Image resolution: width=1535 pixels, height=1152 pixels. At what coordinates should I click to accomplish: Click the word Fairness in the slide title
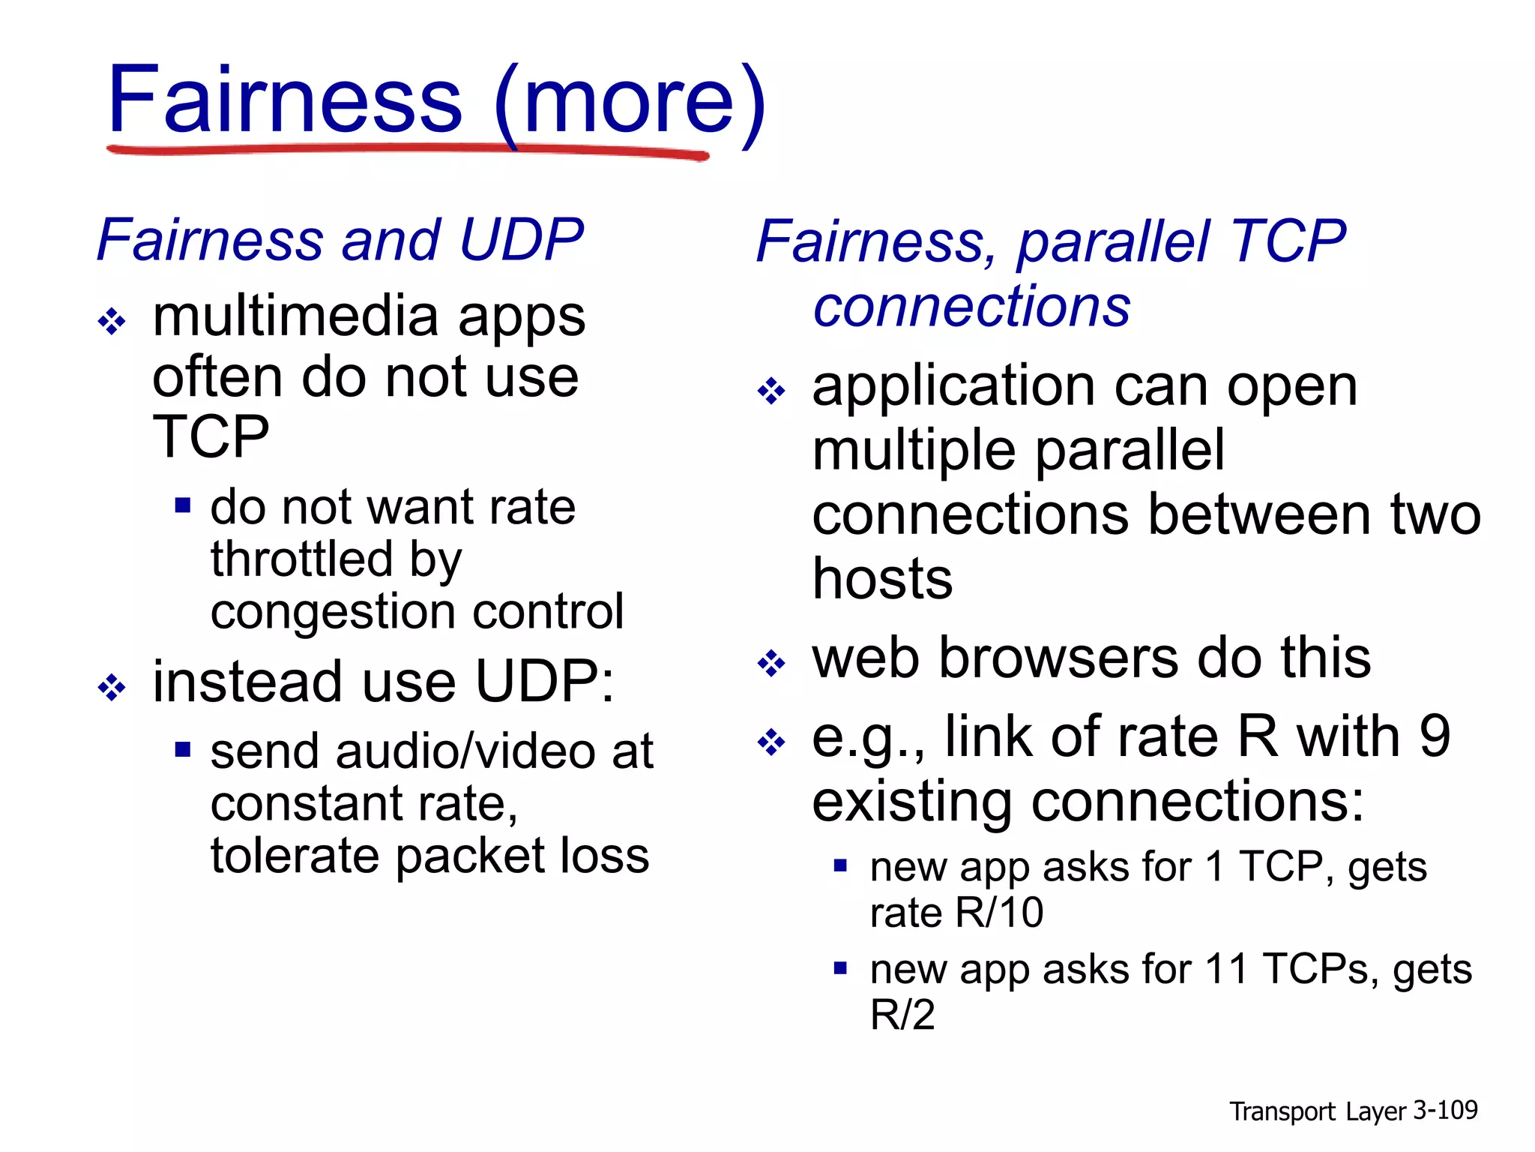click(x=285, y=101)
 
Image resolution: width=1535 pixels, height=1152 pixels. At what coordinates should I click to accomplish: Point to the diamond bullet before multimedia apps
click(x=112, y=322)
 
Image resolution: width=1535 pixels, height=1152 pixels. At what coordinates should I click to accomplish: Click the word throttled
click(x=301, y=559)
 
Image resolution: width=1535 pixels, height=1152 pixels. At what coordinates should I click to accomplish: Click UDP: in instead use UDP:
click(x=544, y=682)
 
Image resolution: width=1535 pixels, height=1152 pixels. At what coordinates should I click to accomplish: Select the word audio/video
click(x=468, y=751)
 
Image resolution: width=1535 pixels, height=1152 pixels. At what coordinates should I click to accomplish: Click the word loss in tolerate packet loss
click(x=607, y=856)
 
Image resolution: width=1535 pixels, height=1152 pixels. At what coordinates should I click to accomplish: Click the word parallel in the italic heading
click(x=1113, y=242)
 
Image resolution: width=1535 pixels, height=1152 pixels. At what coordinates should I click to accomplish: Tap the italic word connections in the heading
click(x=971, y=307)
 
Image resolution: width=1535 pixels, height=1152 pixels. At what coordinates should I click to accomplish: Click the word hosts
click(x=882, y=579)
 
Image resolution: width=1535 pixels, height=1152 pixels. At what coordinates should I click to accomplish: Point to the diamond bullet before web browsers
click(x=771, y=663)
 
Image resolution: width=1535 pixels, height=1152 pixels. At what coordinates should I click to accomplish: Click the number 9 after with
click(x=1435, y=736)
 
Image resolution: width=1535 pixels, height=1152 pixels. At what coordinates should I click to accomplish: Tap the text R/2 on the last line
click(x=902, y=1015)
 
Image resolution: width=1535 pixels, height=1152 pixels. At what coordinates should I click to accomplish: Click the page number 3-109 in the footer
click(x=1444, y=1110)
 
